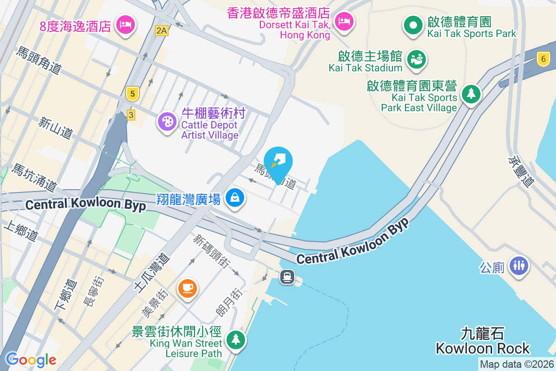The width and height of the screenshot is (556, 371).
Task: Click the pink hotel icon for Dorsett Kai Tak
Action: (x=344, y=21)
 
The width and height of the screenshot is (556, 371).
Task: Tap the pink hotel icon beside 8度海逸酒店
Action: (x=125, y=24)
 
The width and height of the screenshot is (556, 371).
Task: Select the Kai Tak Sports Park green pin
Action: (x=413, y=24)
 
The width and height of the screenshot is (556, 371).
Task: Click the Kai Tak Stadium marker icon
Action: (x=417, y=59)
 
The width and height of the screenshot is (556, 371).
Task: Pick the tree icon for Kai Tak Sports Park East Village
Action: (x=471, y=94)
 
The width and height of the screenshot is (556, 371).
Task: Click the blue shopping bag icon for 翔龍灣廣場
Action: (x=235, y=198)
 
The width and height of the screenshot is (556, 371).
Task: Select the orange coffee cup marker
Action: (x=188, y=288)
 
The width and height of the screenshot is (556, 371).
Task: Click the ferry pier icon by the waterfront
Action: (x=287, y=277)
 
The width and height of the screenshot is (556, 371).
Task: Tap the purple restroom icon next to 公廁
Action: (x=518, y=265)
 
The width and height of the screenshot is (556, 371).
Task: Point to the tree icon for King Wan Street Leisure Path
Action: (x=236, y=339)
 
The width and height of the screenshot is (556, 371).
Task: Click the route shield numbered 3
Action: (x=131, y=115)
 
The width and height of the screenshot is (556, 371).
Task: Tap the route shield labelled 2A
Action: (x=161, y=31)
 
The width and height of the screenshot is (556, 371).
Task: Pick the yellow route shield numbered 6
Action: (x=543, y=58)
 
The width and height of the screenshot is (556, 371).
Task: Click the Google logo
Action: (x=31, y=359)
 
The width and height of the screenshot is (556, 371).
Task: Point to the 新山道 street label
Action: (x=56, y=128)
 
